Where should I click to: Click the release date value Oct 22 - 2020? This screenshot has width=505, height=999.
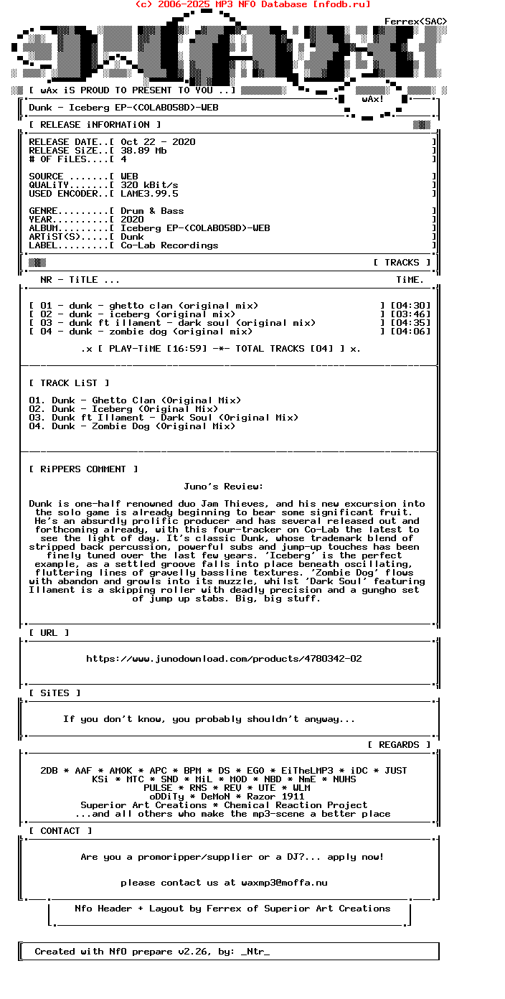[158, 142]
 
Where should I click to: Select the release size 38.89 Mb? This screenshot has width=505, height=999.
[143, 151]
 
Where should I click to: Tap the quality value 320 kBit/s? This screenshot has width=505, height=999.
[149, 185]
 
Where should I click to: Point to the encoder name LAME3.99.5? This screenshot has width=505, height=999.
[149, 194]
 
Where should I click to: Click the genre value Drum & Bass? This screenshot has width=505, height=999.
[152, 211]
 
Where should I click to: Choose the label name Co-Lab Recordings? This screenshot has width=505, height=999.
[169, 245]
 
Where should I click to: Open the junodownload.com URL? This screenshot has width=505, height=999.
[224, 659]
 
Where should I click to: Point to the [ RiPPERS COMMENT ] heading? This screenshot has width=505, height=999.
[83, 469]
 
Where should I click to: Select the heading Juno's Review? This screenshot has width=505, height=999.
[224, 487]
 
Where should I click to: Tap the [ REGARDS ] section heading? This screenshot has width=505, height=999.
[399, 745]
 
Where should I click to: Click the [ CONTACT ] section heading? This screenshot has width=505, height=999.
[60, 831]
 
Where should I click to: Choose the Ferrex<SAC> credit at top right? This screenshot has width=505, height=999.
[416, 22]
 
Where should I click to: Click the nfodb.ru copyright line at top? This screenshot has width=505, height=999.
[252, 4]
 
